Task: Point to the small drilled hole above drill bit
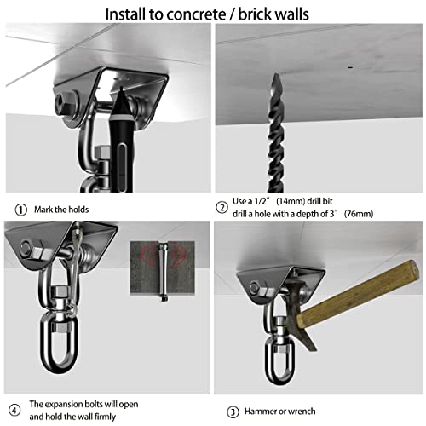coord(351,65)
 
